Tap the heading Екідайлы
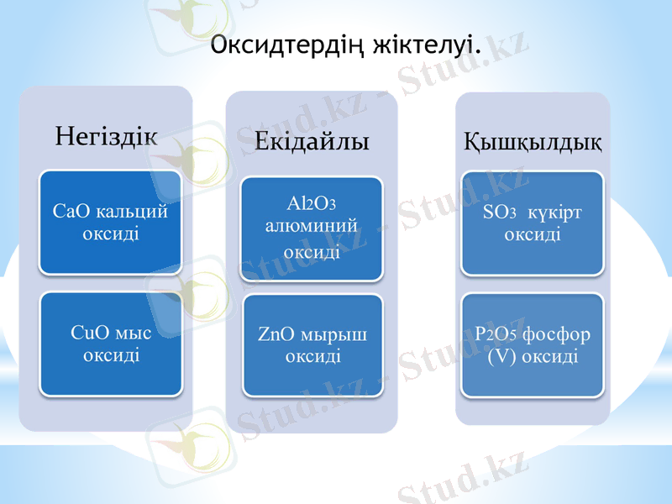(312, 140)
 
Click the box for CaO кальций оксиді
(111, 222)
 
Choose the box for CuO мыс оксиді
(111, 344)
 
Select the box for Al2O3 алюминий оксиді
(312, 228)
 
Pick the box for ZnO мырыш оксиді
(312, 345)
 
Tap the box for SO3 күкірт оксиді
(532, 223)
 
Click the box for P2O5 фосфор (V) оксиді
(532, 344)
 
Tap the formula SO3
(499, 213)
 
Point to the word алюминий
(312, 226)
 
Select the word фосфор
(556, 334)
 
